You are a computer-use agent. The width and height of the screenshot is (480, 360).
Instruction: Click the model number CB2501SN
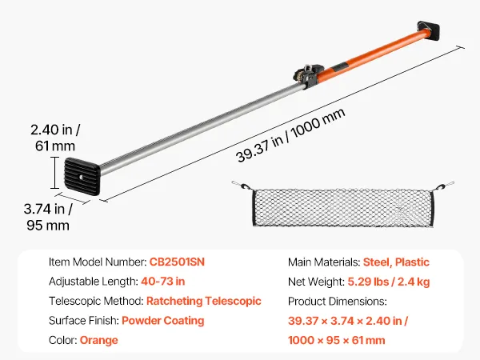tap(177, 262)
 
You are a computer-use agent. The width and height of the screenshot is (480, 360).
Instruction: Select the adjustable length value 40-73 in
tap(163, 282)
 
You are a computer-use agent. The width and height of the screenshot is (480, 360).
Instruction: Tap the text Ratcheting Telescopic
tap(204, 301)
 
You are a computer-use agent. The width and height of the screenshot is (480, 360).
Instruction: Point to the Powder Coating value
tap(163, 321)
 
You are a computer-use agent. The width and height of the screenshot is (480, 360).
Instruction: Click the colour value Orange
tap(99, 340)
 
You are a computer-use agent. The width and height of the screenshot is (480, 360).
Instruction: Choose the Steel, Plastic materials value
tap(396, 262)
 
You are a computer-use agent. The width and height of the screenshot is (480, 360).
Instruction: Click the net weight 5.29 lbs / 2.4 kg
tap(389, 282)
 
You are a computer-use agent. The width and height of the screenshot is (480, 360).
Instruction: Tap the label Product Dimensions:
tap(338, 302)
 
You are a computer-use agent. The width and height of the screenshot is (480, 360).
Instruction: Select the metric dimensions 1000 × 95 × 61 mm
tap(337, 340)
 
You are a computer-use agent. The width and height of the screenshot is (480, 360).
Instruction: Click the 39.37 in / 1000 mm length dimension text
tap(291, 135)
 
